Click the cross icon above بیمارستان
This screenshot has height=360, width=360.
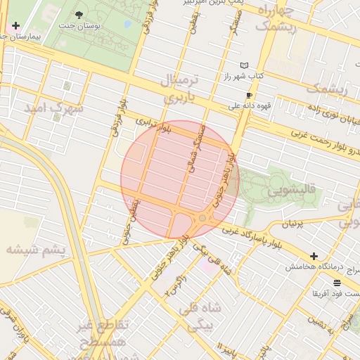[x=15, y=25]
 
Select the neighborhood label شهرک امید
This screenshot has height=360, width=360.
[x=53, y=108]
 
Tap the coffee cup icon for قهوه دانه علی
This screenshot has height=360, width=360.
[x=248, y=95]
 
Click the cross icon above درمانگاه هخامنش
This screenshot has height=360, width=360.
[x=314, y=257]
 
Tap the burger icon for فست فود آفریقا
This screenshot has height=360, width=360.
[x=337, y=282]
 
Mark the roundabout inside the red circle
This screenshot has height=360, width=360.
[x=202, y=218]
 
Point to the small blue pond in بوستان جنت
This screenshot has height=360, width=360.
[x=127, y=24]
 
